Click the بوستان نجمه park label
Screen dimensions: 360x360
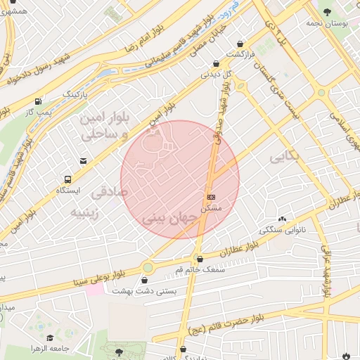pyautogui.click(x=328, y=22)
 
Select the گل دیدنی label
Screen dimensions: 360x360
pyautogui.click(x=216, y=73)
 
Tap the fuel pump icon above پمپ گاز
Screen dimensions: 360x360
pyautogui.click(x=38, y=101)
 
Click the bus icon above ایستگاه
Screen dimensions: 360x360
pyautogui.click(x=67, y=179)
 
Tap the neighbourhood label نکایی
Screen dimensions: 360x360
pyautogui.click(x=284, y=156)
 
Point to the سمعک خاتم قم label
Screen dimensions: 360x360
pyautogui.click(x=200, y=269)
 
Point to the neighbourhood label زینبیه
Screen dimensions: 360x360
pyautogui.click(x=92, y=211)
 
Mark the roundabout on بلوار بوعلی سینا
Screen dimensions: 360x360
pyautogui.click(x=147, y=267)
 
